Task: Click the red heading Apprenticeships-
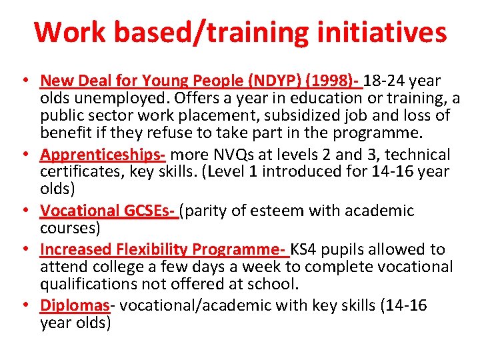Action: pos(103,155)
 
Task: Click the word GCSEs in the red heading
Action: pos(150,211)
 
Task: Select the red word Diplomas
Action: pos(75,305)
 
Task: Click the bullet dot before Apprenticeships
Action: pos(24,155)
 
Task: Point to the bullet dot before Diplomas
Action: pos(24,305)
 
